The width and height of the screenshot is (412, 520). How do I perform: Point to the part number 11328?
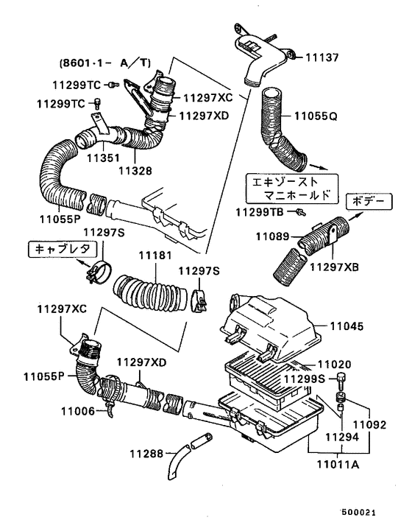[x=135, y=169]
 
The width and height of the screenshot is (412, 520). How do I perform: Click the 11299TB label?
[x=260, y=212]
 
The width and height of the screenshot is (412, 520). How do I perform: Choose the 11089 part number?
[x=273, y=236]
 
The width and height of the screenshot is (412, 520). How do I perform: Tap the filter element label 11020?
[x=335, y=364]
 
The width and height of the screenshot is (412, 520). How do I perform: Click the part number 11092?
[x=369, y=425]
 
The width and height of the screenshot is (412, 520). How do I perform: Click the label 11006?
[x=77, y=410]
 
